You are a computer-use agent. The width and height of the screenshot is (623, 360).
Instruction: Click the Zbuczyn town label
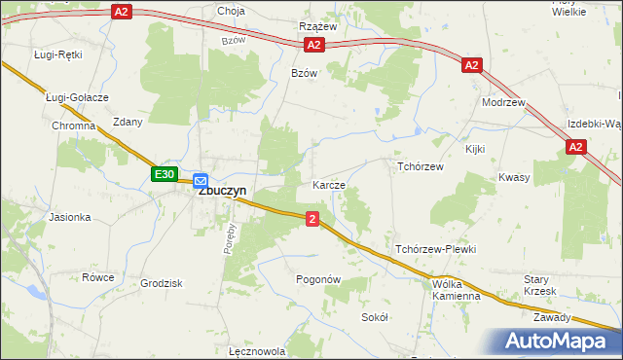click(x=222, y=192)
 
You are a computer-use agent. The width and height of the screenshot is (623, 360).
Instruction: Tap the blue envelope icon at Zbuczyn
click(x=201, y=180)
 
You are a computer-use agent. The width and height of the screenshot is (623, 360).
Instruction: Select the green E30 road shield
click(x=165, y=175)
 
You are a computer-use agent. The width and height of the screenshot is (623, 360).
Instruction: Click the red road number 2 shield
click(x=311, y=219)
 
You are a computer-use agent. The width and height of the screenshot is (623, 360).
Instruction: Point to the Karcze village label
click(x=329, y=184)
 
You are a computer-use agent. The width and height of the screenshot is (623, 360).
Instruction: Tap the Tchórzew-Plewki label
click(x=434, y=249)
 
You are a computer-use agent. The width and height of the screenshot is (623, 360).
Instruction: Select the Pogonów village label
click(x=317, y=279)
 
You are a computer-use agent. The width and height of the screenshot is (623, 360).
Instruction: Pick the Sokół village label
click(x=375, y=317)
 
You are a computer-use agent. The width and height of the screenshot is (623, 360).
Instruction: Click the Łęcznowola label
click(x=255, y=351)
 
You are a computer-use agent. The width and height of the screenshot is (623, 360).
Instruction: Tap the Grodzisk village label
click(x=162, y=283)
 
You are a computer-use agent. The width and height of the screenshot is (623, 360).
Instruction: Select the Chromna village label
click(x=74, y=126)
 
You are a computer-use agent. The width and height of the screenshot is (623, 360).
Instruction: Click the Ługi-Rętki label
click(x=56, y=54)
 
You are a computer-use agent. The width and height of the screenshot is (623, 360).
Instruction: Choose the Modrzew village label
click(x=503, y=102)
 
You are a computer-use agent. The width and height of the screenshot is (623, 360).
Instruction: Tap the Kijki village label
click(x=475, y=149)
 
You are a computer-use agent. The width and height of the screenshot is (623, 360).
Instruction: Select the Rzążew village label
click(x=317, y=27)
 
